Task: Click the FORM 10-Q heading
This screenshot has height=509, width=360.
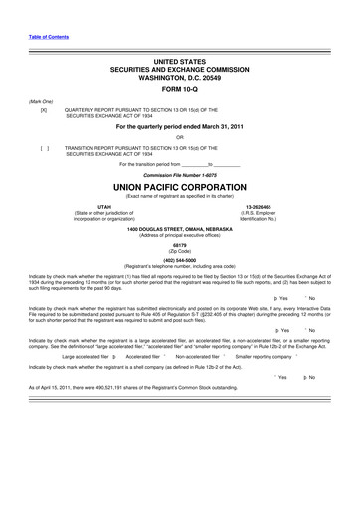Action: (179, 86)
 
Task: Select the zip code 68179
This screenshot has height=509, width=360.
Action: (179, 244)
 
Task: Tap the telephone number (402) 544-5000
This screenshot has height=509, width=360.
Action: (179, 261)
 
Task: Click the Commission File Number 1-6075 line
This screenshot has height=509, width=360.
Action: (179, 173)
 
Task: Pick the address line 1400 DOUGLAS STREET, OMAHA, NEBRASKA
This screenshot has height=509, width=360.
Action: (179, 229)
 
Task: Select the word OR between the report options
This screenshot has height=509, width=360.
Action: (179, 136)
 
